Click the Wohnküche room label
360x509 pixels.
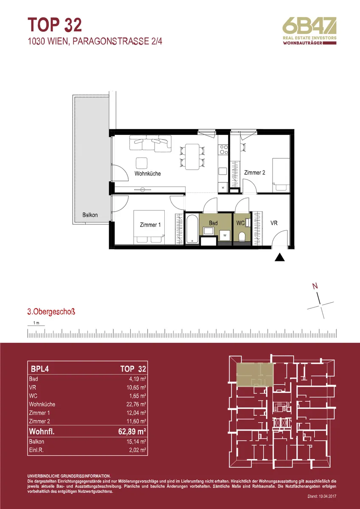pyautogui.click(x=148, y=173)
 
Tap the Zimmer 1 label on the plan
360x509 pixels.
pyautogui.click(x=150, y=225)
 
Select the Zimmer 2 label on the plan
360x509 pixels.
pyautogui.click(x=254, y=173)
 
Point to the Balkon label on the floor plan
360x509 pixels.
pyautogui.click(x=90, y=215)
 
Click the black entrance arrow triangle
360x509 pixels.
pyautogui.click(x=279, y=257)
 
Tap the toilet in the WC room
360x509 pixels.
pyautogui.click(x=242, y=237)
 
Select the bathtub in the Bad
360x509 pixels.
pyautogui.click(x=192, y=229)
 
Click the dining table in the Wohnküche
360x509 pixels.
pyautogui.click(x=192, y=157)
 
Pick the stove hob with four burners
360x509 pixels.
pyautogui.click(x=223, y=149)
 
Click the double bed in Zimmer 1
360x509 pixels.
pyautogui.click(x=149, y=227)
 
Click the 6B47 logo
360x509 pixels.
pyautogui.click(x=309, y=31)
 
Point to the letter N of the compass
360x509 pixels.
pyautogui.click(x=315, y=286)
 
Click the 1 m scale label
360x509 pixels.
pyautogui.click(x=36, y=323)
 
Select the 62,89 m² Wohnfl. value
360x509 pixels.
pyautogui.click(x=132, y=431)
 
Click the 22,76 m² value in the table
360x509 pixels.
pyautogui.click(x=136, y=404)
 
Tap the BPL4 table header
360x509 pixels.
pyautogui.click(x=40, y=369)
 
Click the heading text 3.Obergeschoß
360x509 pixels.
pyautogui.click(x=51, y=312)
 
